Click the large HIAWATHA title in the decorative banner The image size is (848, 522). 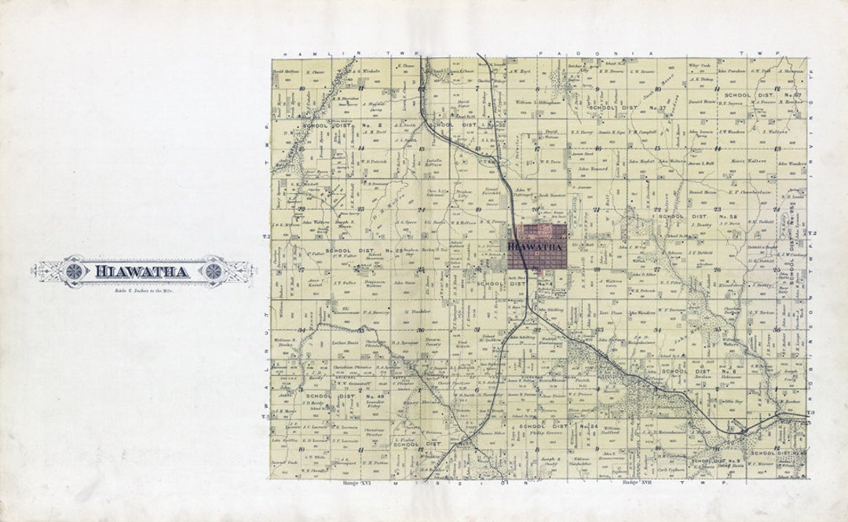[x=142, y=272]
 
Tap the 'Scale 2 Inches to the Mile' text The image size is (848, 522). [x=142, y=291]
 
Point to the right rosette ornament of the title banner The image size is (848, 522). [x=211, y=271]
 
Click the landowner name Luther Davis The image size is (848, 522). [x=345, y=343]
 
